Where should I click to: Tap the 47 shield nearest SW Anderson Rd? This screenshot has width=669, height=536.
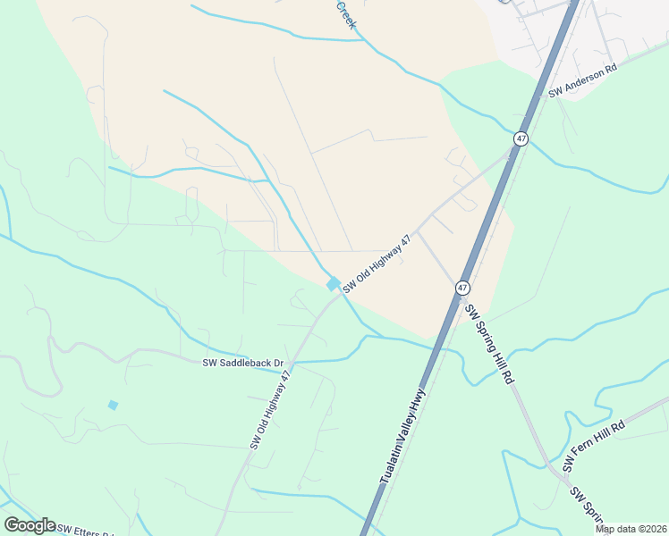(521, 138)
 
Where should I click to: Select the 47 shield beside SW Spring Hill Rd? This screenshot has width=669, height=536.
(462, 288)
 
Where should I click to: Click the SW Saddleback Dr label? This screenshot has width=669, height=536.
(242, 363)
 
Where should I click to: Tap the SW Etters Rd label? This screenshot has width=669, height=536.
(86, 528)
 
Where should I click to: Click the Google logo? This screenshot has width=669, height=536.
(30, 525)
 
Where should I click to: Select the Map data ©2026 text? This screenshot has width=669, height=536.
(631, 529)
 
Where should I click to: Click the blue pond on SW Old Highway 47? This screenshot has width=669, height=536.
(333, 284)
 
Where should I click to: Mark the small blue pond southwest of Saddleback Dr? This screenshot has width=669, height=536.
(113, 405)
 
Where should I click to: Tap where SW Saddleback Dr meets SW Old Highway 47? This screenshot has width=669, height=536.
(292, 363)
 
